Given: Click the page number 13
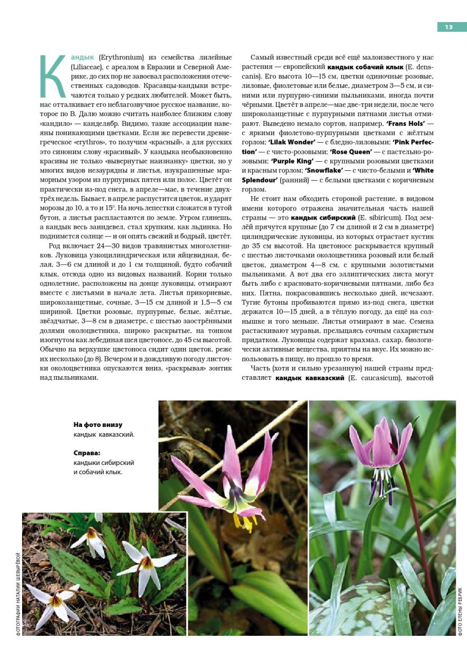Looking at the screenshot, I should [x=449, y=27].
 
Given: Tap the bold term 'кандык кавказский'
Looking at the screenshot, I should [x=309, y=378].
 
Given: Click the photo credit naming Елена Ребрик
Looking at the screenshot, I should [x=460, y=611].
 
